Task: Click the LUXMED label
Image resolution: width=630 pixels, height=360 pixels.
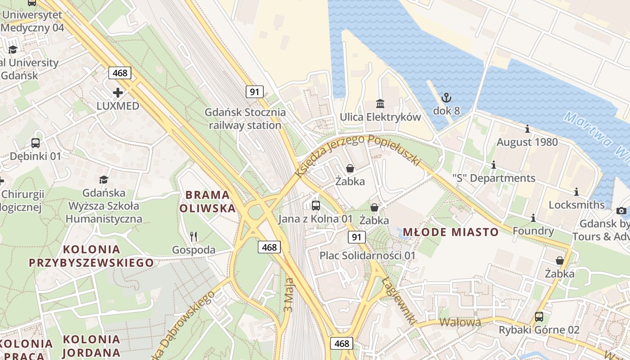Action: tap(118, 106)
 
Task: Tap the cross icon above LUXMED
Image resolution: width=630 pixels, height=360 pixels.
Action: tap(118, 93)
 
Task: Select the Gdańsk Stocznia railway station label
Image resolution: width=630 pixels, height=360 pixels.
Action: tap(245, 118)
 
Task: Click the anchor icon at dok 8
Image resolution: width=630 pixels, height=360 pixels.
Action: tap(446, 97)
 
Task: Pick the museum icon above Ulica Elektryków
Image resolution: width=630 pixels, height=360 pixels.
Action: tap(380, 103)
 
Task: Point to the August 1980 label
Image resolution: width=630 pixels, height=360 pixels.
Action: tap(527, 142)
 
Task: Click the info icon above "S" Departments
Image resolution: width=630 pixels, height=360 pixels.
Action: tap(494, 165)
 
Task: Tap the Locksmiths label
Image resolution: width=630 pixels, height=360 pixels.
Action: tap(576, 205)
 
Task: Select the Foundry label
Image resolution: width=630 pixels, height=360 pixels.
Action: tap(533, 231)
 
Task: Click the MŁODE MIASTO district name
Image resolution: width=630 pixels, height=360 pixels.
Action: tap(450, 232)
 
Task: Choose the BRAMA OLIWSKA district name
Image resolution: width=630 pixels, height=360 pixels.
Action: tap(207, 201)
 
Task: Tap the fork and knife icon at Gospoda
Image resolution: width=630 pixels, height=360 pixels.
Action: tap(193, 236)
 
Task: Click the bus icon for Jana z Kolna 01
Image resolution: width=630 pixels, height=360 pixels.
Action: tap(316, 206)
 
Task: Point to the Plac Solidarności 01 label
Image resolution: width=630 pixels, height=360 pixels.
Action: tap(368, 255)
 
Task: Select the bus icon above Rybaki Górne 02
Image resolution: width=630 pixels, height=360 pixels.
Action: tap(539, 316)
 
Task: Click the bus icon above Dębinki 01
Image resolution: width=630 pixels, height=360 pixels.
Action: tap(36, 143)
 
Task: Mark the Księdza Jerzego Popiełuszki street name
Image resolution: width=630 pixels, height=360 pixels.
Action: tap(358, 153)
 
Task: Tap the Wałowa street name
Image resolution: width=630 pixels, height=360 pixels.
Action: tap(460, 322)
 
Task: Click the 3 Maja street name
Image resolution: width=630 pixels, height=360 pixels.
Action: tap(289, 295)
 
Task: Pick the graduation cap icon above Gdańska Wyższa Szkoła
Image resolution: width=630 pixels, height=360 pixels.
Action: tap(104, 180)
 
